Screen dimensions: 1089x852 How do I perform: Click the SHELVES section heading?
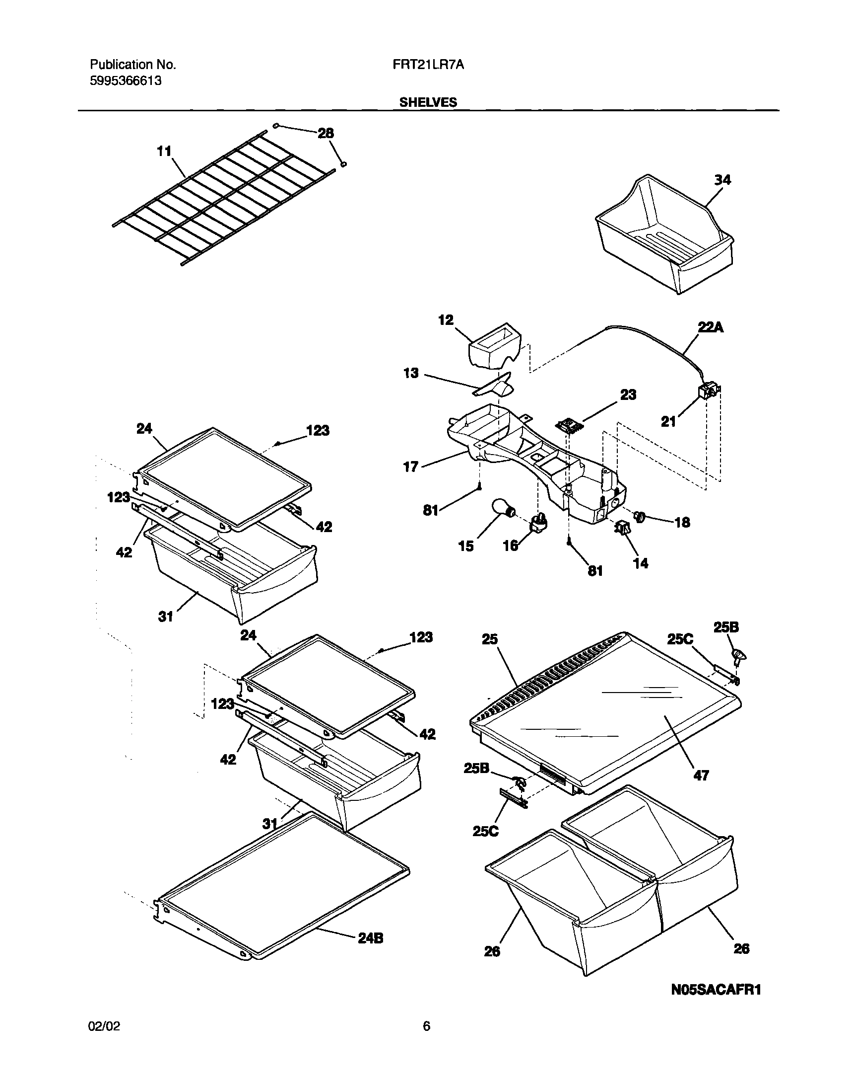coord(428,102)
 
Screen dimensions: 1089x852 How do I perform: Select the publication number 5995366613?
coord(125,81)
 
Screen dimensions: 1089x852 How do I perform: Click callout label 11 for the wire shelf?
coord(164,151)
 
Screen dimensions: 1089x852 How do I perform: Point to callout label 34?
coord(722,180)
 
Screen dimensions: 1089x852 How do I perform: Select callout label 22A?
coord(711,327)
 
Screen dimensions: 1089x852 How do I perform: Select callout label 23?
coord(628,395)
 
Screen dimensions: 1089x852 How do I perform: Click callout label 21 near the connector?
coord(668,422)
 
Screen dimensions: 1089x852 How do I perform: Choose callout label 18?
coord(682,523)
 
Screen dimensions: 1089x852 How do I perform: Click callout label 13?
coord(411,373)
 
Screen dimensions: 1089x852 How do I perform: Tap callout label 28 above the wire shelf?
coord(326,133)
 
